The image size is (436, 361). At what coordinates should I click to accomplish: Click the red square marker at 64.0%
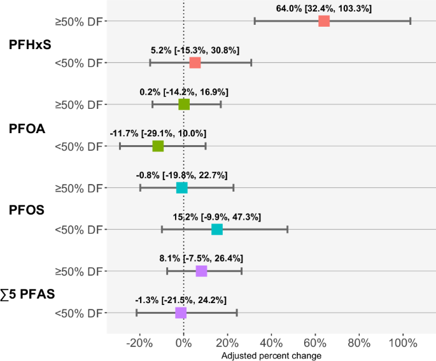pyautogui.click(x=324, y=21)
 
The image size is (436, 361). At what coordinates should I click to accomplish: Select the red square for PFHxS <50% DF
pyautogui.click(x=195, y=62)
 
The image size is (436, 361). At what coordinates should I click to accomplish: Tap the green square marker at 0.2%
pyautogui.click(x=184, y=104)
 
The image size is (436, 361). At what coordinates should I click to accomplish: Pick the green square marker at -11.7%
pyautogui.click(x=158, y=146)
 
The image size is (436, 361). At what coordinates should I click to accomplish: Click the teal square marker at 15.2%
pyautogui.click(x=217, y=229)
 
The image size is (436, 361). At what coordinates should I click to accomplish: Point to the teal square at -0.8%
pyautogui.click(x=182, y=188)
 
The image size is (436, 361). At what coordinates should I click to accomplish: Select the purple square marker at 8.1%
pyautogui.click(x=201, y=271)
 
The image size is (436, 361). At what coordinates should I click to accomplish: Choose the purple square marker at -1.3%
pyautogui.click(x=181, y=313)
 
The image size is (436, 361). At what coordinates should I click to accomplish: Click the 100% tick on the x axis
pyautogui.click(x=402, y=343)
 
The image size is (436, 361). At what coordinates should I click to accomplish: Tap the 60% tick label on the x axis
pyautogui.click(x=315, y=343)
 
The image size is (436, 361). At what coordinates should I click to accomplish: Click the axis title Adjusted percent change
pyautogui.click(x=271, y=355)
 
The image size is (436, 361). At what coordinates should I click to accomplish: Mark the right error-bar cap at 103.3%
pyautogui.click(x=411, y=21)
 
